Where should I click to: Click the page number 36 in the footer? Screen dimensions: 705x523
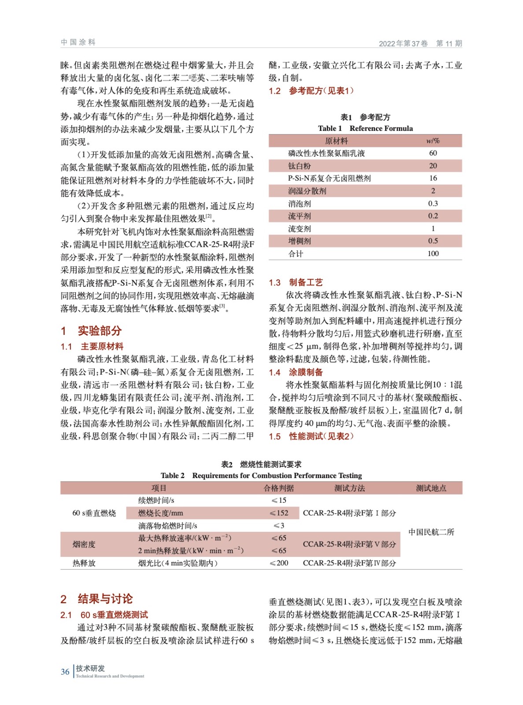(x=65, y=672)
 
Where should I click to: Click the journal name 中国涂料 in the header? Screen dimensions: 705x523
(x=78, y=42)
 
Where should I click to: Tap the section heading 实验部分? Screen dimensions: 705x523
(x=100, y=331)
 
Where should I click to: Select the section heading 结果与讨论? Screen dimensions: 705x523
(x=105, y=599)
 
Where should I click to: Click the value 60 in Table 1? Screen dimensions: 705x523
(x=433, y=153)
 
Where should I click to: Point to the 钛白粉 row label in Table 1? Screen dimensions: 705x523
(x=300, y=166)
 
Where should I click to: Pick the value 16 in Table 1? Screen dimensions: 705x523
(x=433, y=178)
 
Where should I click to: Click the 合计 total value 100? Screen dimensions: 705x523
(x=433, y=253)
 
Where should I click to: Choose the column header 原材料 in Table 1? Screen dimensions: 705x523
(x=336, y=141)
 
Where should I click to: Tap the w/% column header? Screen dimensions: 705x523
(x=433, y=141)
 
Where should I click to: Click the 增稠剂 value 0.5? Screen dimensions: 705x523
(x=433, y=241)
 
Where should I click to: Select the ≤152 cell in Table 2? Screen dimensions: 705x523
(x=279, y=513)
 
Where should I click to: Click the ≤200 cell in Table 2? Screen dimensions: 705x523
(x=279, y=563)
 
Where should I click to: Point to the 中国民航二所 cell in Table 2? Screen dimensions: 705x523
(x=431, y=532)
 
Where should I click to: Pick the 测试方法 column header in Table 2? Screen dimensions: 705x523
(x=349, y=488)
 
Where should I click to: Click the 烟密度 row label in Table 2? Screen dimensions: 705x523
(x=84, y=544)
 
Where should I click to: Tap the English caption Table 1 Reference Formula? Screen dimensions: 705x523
(x=365, y=128)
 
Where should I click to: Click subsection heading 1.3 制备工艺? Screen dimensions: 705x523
(x=296, y=282)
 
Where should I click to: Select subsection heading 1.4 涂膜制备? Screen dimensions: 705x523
(x=296, y=372)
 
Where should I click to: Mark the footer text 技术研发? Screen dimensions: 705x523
(x=90, y=668)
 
